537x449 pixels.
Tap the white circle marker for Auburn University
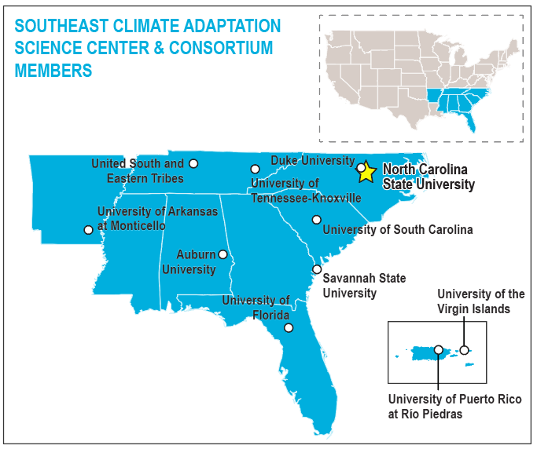pyautogui.click(x=223, y=254)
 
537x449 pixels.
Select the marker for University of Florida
pyautogui.click(x=289, y=328)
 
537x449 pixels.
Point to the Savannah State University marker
pyautogui.click(x=317, y=269)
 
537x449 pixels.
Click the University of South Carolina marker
pyautogui.click(x=316, y=220)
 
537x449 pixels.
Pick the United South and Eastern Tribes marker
pyautogui.click(x=193, y=164)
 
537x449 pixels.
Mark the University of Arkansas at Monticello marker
pyautogui.click(x=88, y=230)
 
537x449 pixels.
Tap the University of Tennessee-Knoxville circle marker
pyautogui.click(x=256, y=169)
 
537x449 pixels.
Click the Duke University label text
pyautogui.click(x=313, y=160)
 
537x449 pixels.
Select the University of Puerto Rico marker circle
pyautogui.click(x=439, y=350)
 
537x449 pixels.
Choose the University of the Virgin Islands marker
pyautogui.click(x=464, y=350)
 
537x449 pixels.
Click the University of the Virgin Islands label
pyautogui.click(x=481, y=301)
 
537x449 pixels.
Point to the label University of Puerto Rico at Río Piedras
pyautogui.click(x=454, y=407)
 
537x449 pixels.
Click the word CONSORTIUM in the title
pyautogui.click(x=221, y=48)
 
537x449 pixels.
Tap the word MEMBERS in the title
pyautogui.click(x=53, y=71)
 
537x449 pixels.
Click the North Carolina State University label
pyautogui.click(x=428, y=177)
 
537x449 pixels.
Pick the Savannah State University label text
pyautogui.click(x=364, y=286)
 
